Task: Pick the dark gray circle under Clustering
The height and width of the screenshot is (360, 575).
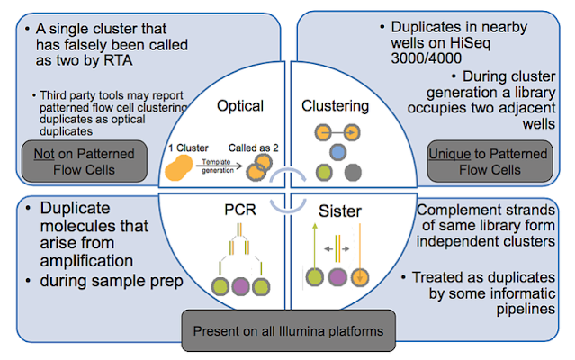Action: click(x=355, y=172)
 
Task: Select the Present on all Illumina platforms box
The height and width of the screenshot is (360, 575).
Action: click(x=290, y=330)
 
